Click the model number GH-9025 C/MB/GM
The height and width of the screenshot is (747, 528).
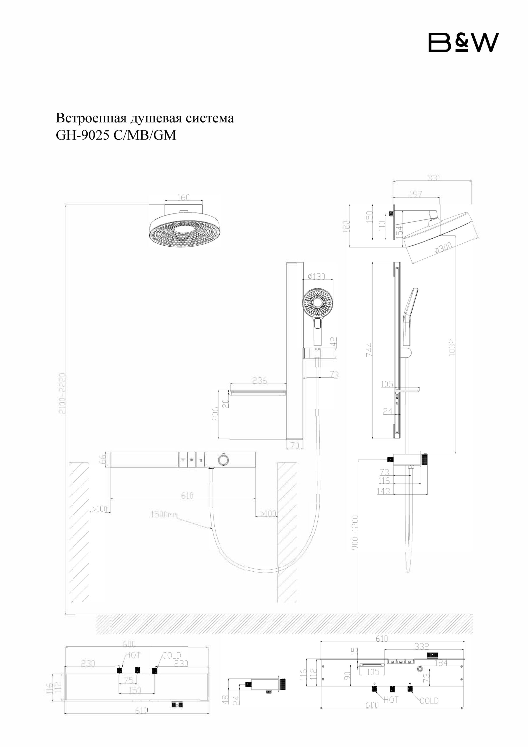pos(116,135)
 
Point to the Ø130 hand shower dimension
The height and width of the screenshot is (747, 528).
pos(316,277)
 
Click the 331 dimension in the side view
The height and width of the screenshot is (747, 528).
pos(434,178)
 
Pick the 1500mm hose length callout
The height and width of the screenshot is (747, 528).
pos(164,514)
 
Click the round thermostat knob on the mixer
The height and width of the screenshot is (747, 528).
pos(223,460)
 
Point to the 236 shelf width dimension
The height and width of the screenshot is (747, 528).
pos(260,380)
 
